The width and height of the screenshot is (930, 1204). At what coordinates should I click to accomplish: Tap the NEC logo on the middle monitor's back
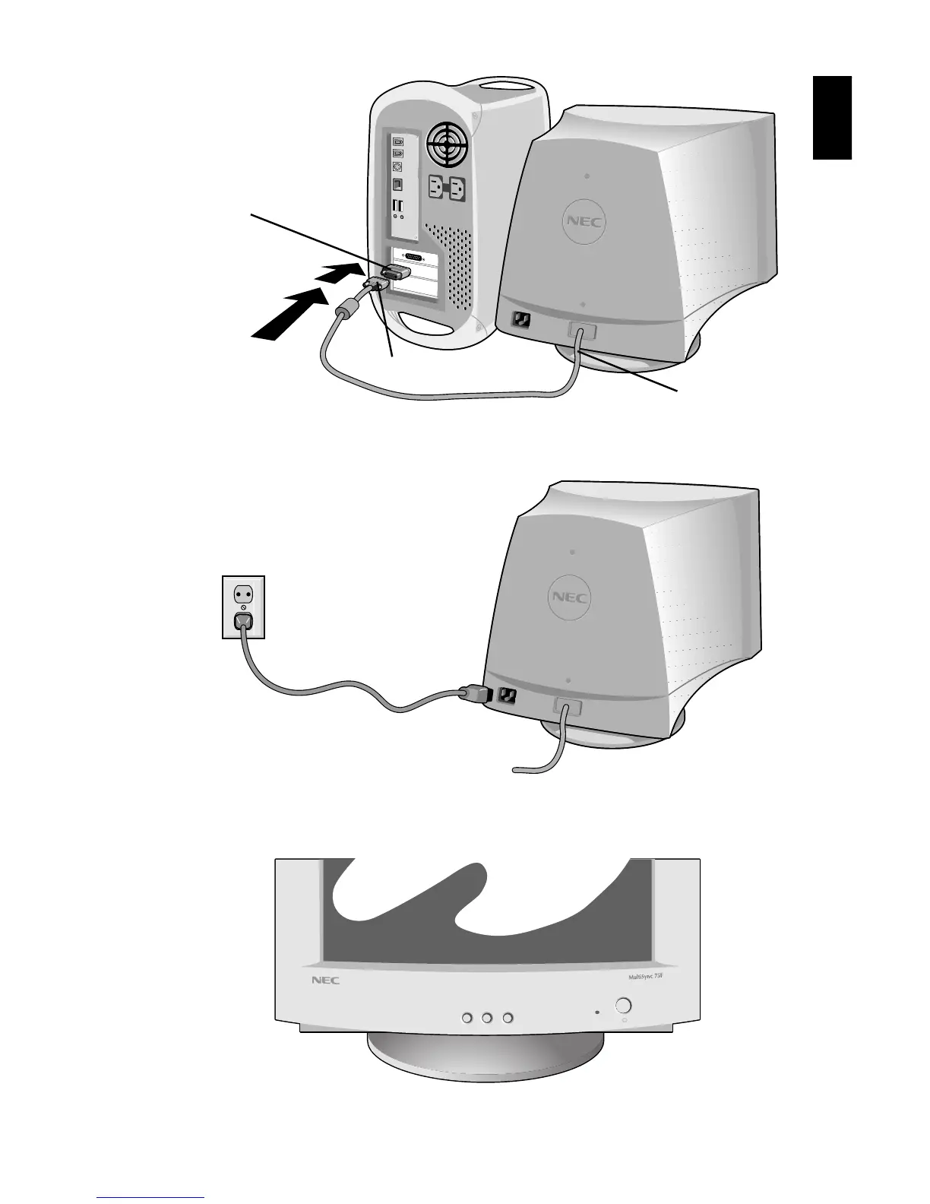(571, 597)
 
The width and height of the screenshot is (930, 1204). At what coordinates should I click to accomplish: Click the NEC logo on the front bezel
(325, 981)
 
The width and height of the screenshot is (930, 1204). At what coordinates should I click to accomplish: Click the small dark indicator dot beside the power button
(596, 1012)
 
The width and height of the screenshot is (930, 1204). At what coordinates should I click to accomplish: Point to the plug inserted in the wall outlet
(243, 623)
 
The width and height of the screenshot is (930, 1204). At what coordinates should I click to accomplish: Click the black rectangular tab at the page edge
(832, 118)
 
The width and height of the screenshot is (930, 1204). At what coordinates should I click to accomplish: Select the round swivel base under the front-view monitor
(486, 1057)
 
